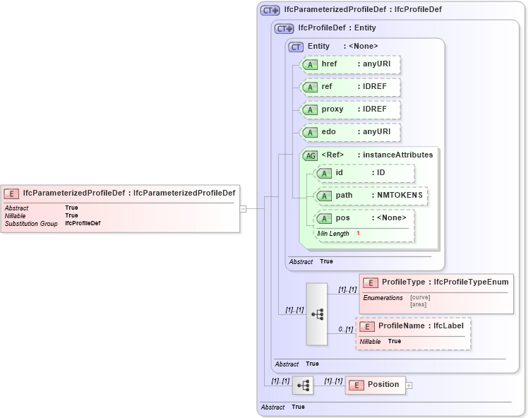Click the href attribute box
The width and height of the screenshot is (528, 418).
click(x=350, y=65)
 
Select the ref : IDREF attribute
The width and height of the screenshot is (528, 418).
click(x=350, y=87)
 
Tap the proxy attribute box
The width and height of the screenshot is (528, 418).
click(x=350, y=109)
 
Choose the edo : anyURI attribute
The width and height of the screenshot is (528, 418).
click(x=350, y=132)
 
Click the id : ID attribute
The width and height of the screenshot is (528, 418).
click(x=364, y=173)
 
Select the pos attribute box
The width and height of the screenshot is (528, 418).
click(x=364, y=218)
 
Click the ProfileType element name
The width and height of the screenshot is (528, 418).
click(x=402, y=282)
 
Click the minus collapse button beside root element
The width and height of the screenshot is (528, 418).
click(x=243, y=208)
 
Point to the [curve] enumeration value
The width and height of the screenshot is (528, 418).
click(x=420, y=297)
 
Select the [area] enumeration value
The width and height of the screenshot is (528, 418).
click(x=419, y=304)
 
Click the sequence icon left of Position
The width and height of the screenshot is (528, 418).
click(x=303, y=386)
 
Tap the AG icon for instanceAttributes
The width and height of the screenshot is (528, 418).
click(x=310, y=155)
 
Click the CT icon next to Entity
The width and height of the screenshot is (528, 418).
click(x=296, y=47)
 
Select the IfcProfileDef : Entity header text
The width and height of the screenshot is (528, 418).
click(x=337, y=28)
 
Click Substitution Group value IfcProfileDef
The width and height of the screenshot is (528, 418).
click(x=83, y=223)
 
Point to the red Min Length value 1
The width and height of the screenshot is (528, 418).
click(x=358, y=233)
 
